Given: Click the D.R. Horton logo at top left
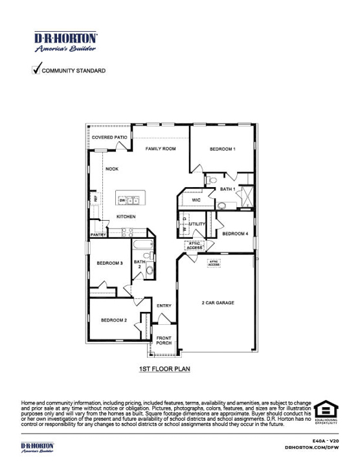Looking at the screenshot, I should click(65, 41).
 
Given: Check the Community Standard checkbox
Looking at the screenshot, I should click(36, 69).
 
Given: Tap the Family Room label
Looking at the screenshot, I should click(161, 149).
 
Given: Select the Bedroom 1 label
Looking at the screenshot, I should click(222, 150).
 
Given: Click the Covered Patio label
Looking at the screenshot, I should click(109, 138).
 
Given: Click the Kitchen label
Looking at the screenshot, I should click(126, 216).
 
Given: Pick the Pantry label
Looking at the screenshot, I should click(98, 235).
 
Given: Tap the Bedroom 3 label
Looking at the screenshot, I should click(109, 263).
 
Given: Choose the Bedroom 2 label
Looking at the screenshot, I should click(113, 320).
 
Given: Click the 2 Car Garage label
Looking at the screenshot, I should click(218, 303).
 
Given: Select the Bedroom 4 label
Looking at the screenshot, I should click(235, 234).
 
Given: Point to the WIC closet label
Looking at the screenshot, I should click(196, 201).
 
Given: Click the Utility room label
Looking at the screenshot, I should click(197, 224).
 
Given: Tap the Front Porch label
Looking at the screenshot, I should click(164, 341).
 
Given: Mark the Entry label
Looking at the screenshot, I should click(164, 305).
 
